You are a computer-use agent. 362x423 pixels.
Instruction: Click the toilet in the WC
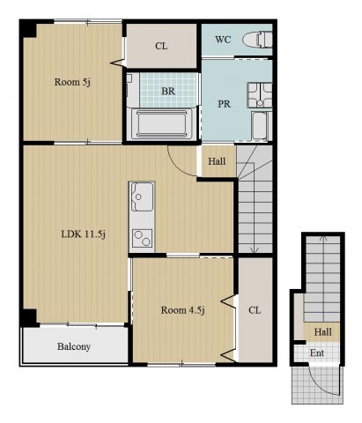(257, 40)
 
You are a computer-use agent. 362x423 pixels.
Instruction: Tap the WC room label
(223, 40)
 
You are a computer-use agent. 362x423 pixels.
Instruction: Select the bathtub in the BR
(162, 123)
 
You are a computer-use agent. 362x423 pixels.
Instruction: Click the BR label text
(168, 91)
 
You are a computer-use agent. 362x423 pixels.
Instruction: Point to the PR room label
(224, 104)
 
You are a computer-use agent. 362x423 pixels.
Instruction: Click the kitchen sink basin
(142, 197)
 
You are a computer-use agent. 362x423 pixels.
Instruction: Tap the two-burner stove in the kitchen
(142, 238)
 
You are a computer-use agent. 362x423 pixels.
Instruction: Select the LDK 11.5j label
(83, 234)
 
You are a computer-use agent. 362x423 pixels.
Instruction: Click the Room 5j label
(72, 82)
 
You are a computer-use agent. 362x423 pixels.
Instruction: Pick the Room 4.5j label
(182, 310)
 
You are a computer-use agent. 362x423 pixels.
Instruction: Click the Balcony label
(74, 346)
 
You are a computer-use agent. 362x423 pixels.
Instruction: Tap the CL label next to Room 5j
(161, 46)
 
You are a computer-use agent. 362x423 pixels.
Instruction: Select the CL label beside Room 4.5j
(255, 310)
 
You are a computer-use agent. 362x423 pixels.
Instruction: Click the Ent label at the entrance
(317, 352)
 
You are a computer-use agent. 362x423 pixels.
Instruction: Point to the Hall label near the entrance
(323, 332)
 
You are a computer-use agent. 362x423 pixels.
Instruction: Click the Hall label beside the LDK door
(217, 161)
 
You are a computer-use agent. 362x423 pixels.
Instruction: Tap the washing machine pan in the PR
(260, 95)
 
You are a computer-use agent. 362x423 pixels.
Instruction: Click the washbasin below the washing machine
(260, 126)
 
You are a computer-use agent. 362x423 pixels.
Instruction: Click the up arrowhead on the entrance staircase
(323, 238)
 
